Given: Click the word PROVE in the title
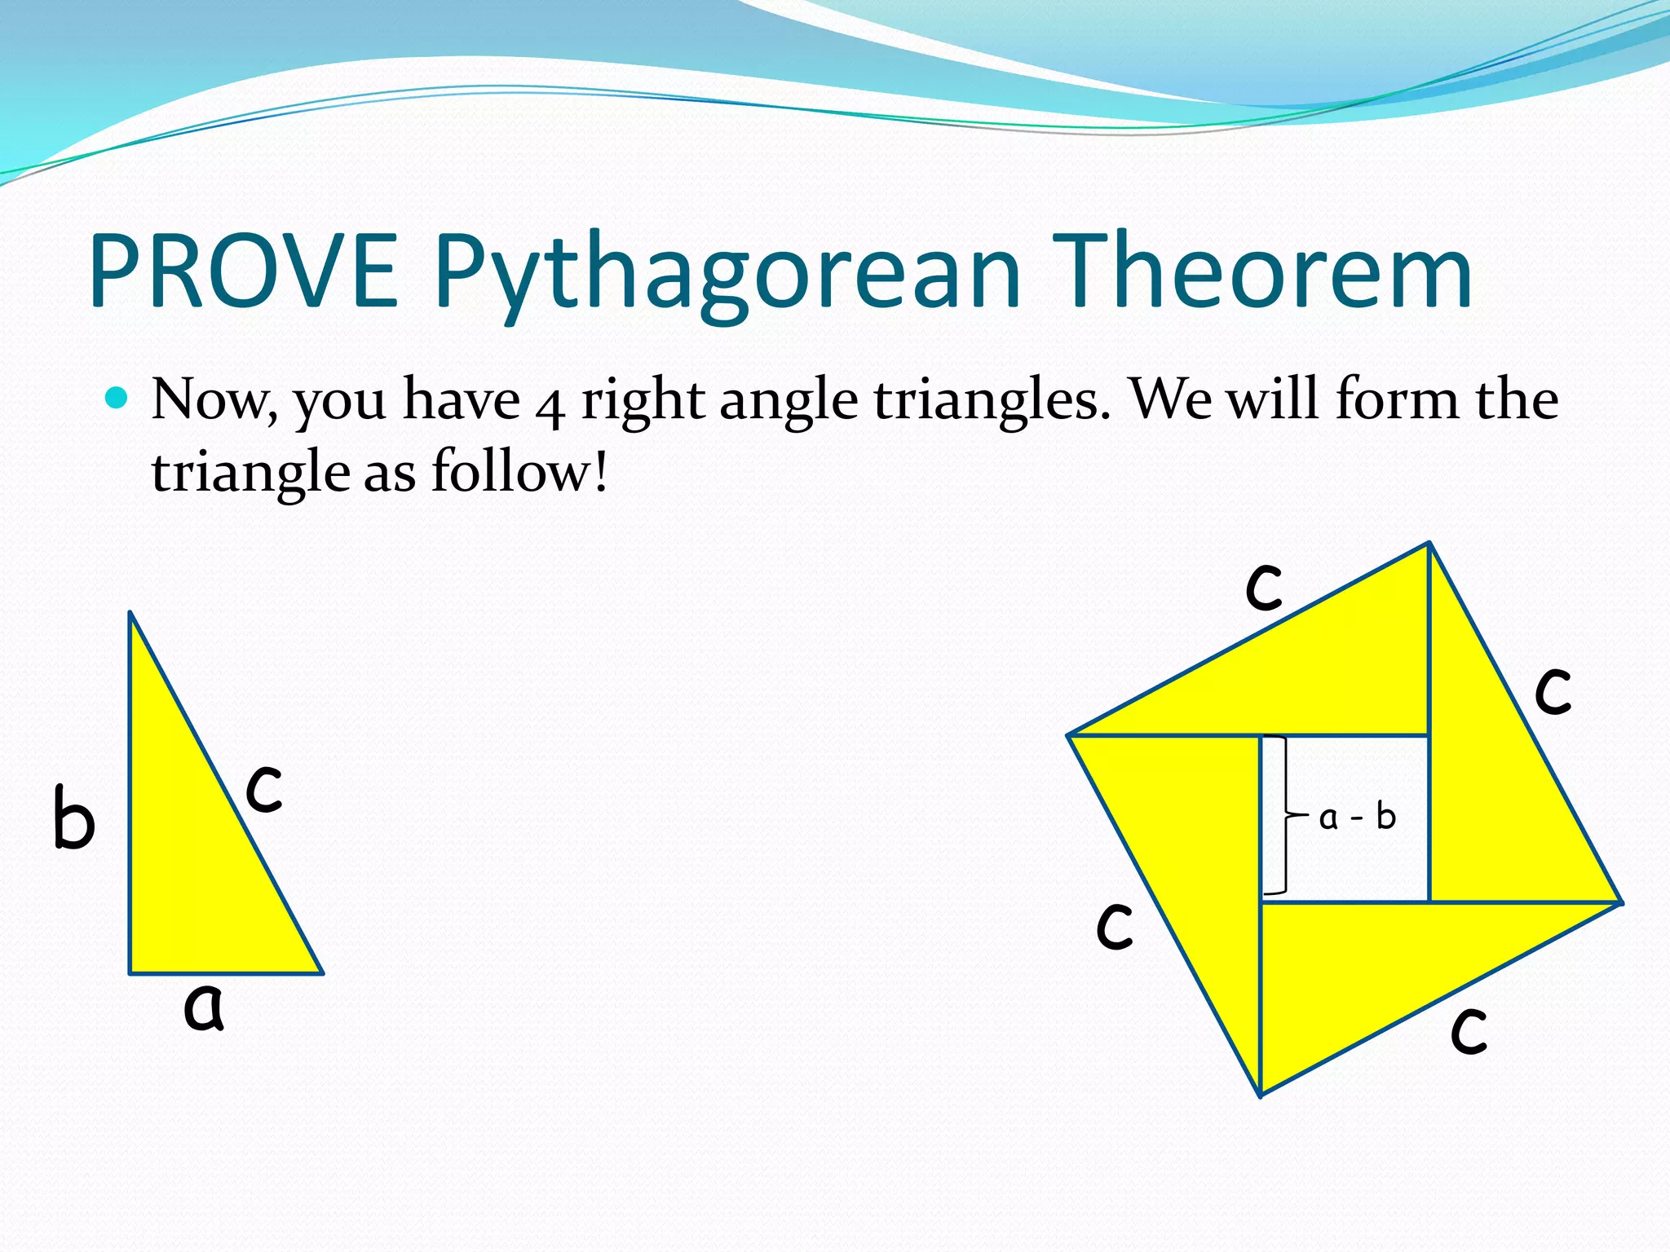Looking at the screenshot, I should (243, 271).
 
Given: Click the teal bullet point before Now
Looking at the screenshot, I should (117, 399).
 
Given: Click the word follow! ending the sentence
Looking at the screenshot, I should (519, 472).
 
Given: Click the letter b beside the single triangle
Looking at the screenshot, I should (73, 818).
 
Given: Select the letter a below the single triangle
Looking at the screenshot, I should (203, 1007).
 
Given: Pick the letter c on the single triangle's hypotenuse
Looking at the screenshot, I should (264, 788).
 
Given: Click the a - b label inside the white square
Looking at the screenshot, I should (1357, 817).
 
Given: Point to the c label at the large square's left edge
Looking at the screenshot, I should (1115, 926).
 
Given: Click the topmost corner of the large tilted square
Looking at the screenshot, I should (1429, 543).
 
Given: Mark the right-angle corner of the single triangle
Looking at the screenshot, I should (131, 972).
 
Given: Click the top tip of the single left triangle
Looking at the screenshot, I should (130, 613).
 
